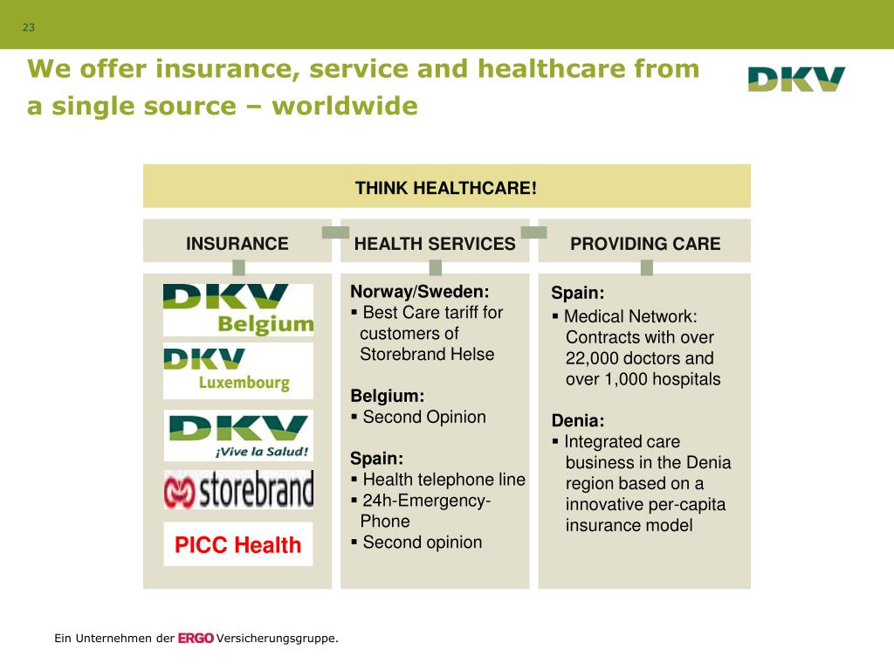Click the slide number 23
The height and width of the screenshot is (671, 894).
pyautogui.click(x=29, y=28)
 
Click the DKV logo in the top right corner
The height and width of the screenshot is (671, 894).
pyautogui.click(x=796, y=80)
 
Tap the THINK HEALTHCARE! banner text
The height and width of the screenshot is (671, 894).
pyautogui.click(x=446, y=188)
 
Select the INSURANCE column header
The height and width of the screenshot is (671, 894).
pyautogui.click(x=237, y=244)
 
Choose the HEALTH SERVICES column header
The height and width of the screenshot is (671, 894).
pyautogui.click(x=435, y=244)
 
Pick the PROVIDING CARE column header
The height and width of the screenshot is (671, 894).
pyautogui.click(x=645, y=244)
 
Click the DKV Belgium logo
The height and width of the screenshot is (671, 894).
pyautogui.click(x=237, y=310)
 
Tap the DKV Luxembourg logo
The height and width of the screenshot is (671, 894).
pyautogui.click(x=237, y=370)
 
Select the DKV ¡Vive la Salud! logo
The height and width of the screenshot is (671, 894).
pyautogui.click(x=237, y=436)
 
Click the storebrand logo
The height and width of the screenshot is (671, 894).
pyautogui.click(x=237, y=490)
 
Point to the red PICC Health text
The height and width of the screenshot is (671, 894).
pyautogui.click(x=237, y=545)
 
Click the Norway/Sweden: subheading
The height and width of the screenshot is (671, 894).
pyautogui.click(x=420, y=292)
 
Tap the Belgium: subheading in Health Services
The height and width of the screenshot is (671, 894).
pyautogui.click(x=388, y=396)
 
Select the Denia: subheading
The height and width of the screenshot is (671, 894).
pyautogui.click(x=578, y=421)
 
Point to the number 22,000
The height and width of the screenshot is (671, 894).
pyautogui.click(x=592, y=358)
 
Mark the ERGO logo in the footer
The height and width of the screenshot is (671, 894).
pyautogui.click(x=196, y=639)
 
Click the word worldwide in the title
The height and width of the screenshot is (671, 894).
pyautogui.click(x=345, y=107)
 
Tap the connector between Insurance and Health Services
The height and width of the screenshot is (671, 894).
pyautogui.click(x=335, y=232)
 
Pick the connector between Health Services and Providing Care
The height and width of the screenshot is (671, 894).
pyautogui.click(x=533, y=232)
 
